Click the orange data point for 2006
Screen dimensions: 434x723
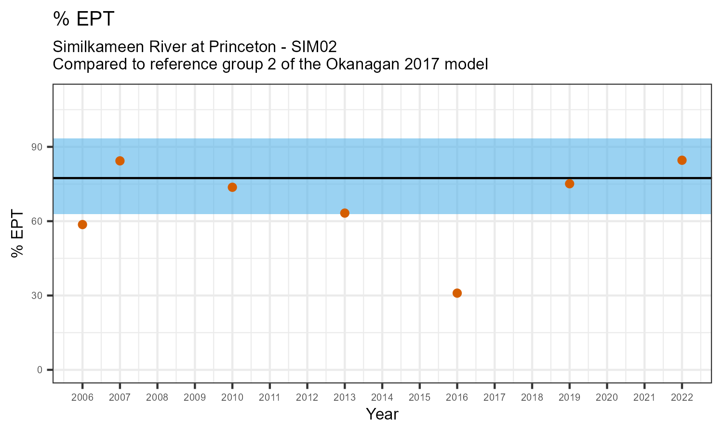(82, 225)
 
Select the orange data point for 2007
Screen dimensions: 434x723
(120, 161)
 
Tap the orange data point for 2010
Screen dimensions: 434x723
(232, 187)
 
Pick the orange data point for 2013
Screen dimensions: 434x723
(345, 213)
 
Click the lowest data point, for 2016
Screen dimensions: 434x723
(457, 293)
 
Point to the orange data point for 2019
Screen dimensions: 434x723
(569, 184)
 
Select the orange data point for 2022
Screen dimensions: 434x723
(682, 161)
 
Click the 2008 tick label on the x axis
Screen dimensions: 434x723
(157, 398)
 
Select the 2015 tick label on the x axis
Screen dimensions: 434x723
(419, 398)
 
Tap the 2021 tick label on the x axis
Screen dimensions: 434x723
(644, 398)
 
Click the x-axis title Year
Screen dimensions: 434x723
(382, 414)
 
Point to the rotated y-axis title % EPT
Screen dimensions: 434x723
(18, 234)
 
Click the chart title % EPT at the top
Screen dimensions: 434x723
(84, 19)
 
